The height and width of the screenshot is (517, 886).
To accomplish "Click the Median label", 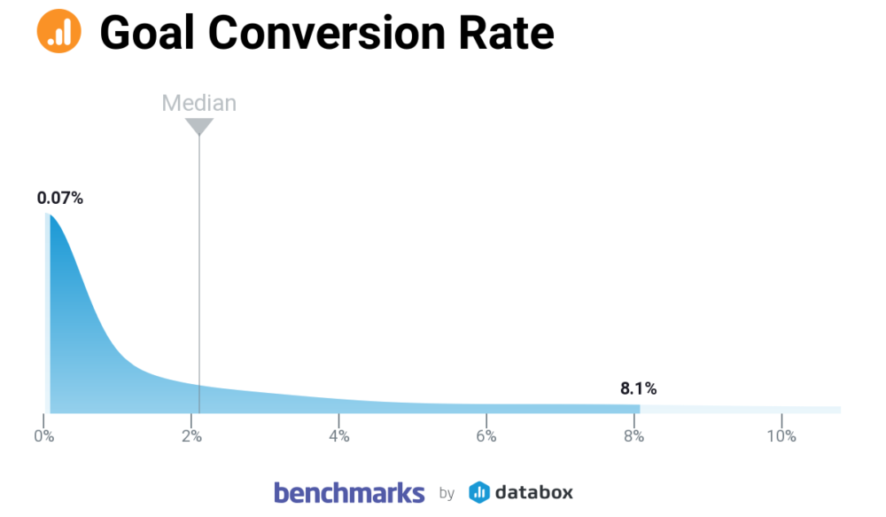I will click(198, 103).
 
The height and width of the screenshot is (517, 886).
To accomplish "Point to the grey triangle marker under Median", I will click(199, 127).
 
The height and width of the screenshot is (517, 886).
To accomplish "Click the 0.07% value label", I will click(59, 199).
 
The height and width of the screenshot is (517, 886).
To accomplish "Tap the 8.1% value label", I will click(638, 388).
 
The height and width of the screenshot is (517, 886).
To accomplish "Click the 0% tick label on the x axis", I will click(43, 436).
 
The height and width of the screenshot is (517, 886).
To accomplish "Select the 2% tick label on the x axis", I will click(191, 436).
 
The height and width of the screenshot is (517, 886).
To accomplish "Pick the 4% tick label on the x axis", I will click(338, 436).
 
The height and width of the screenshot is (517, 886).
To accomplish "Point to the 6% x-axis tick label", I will click(486, 436).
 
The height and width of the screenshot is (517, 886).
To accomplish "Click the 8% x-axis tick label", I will click(633, 436).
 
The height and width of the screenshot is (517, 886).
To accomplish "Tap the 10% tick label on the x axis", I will click(781, 436).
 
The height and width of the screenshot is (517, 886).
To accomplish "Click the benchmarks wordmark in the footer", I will click(349, 492).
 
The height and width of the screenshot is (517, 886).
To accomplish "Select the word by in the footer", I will click(447, 494).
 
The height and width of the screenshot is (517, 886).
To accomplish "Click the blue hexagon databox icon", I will click(479, 492).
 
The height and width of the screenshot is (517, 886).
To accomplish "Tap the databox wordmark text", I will click(533, 492).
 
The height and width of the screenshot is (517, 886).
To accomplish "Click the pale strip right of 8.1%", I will click(740, 409).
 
